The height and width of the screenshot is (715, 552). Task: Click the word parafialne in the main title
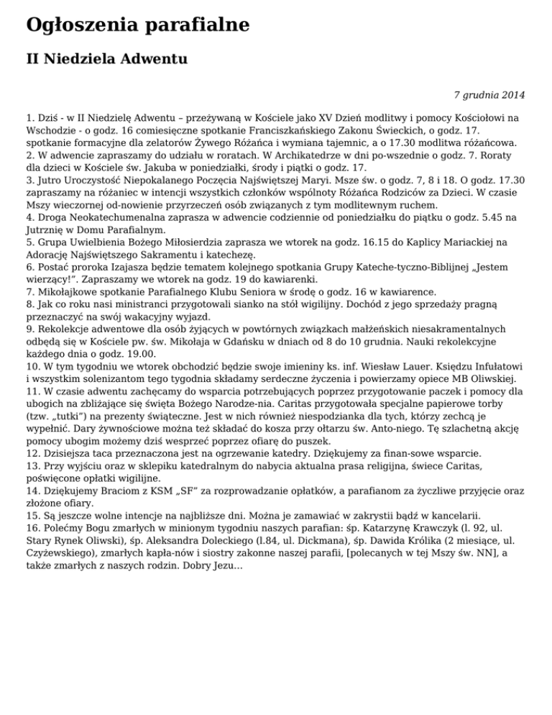coord(190,25)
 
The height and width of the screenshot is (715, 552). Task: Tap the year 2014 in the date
coord(512,94)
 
